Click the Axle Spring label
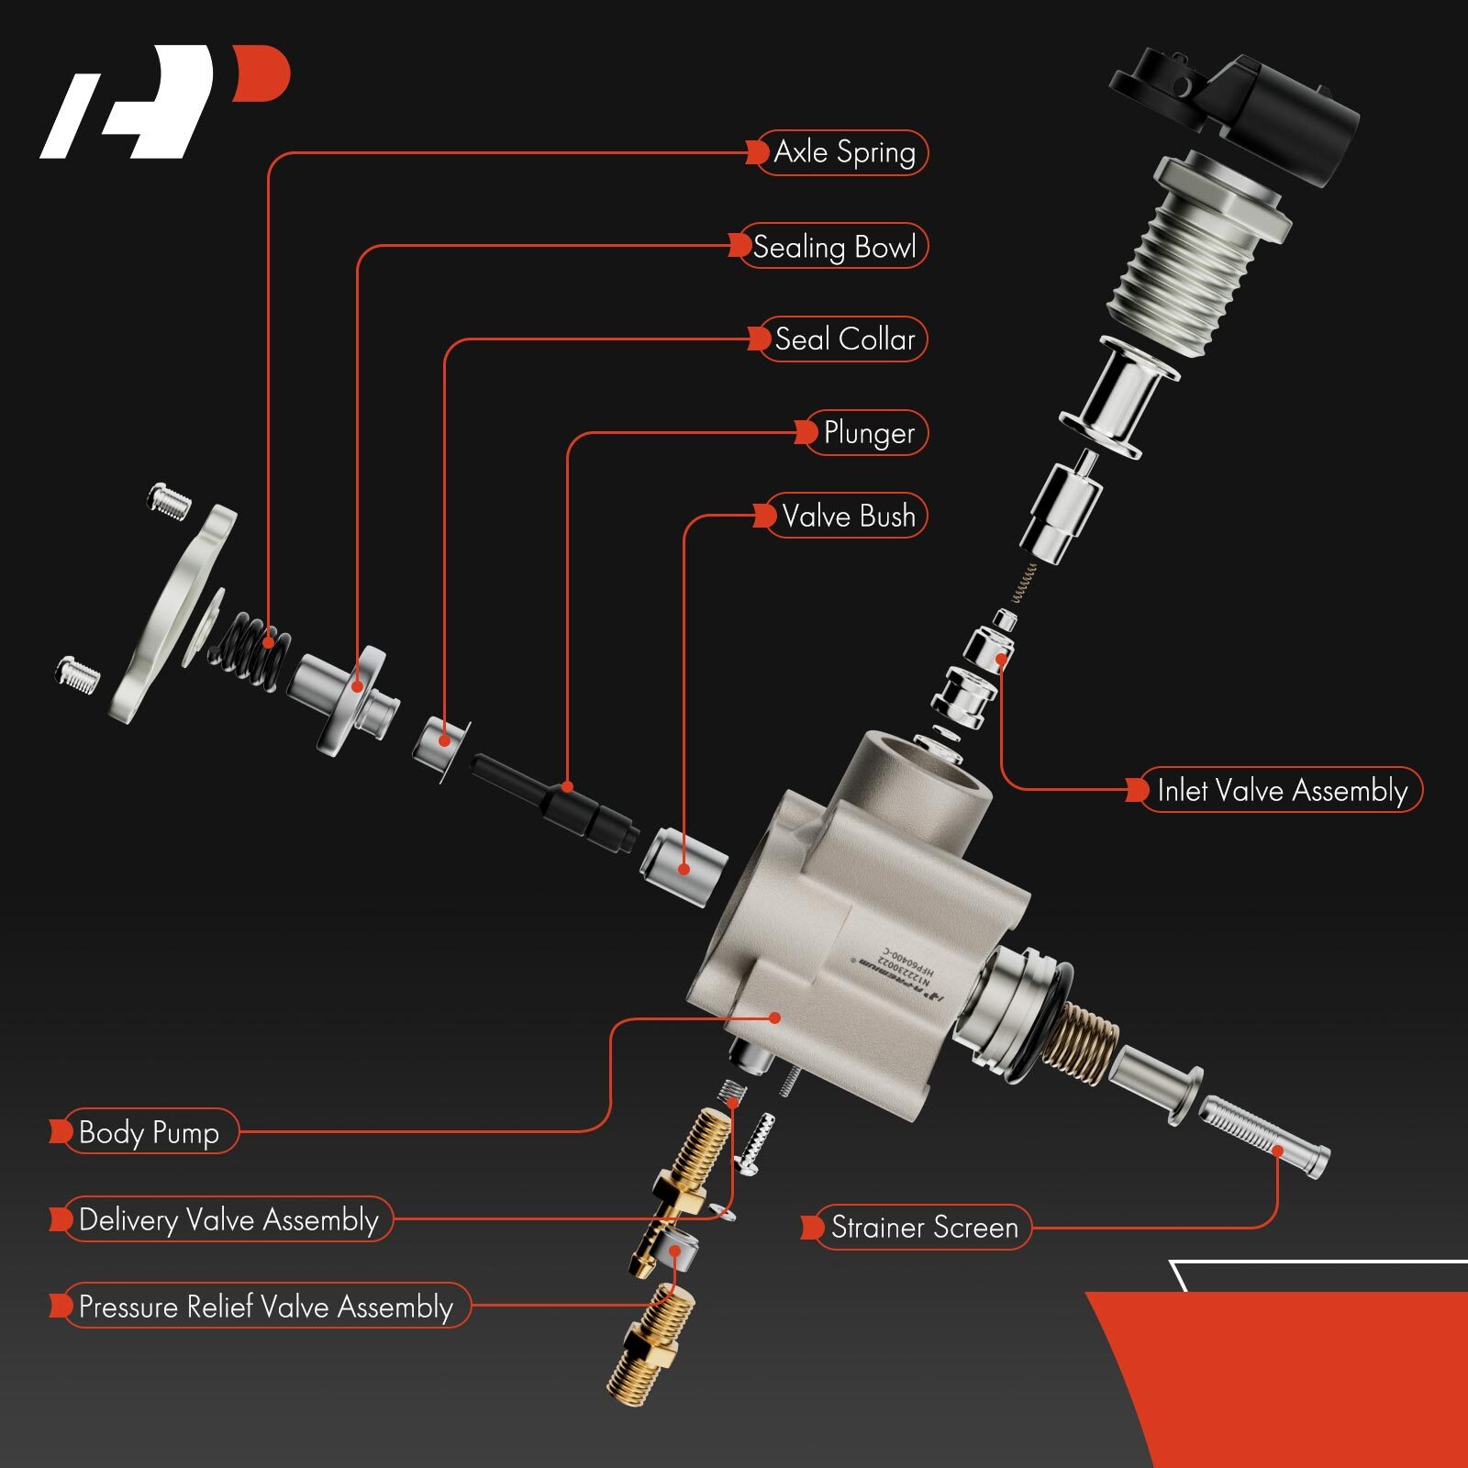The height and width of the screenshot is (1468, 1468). coord(842,152)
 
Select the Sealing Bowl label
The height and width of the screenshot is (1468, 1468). coord(833,246)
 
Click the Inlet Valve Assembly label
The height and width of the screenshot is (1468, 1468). coord(1281,790)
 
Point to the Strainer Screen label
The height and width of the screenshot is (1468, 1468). coord(923,1228)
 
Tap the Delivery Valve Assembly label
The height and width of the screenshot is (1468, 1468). coord(228,1219)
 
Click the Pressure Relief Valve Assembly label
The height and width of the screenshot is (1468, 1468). coord(265,1307)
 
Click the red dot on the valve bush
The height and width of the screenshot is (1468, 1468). coord(684,869)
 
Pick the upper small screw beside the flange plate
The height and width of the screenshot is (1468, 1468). coord(170,500)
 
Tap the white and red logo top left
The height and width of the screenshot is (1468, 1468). coord(165,101)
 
